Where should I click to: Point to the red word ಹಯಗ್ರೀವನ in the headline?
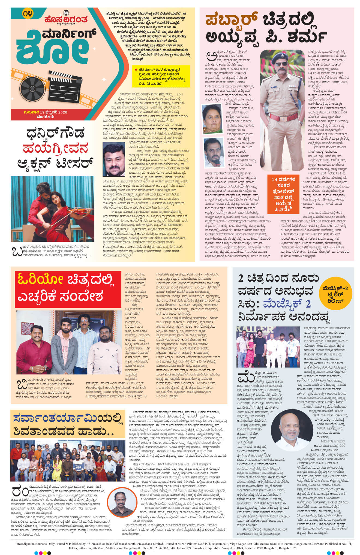click(x=56, y=149)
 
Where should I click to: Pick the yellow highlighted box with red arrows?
click(x=160, y=77)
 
